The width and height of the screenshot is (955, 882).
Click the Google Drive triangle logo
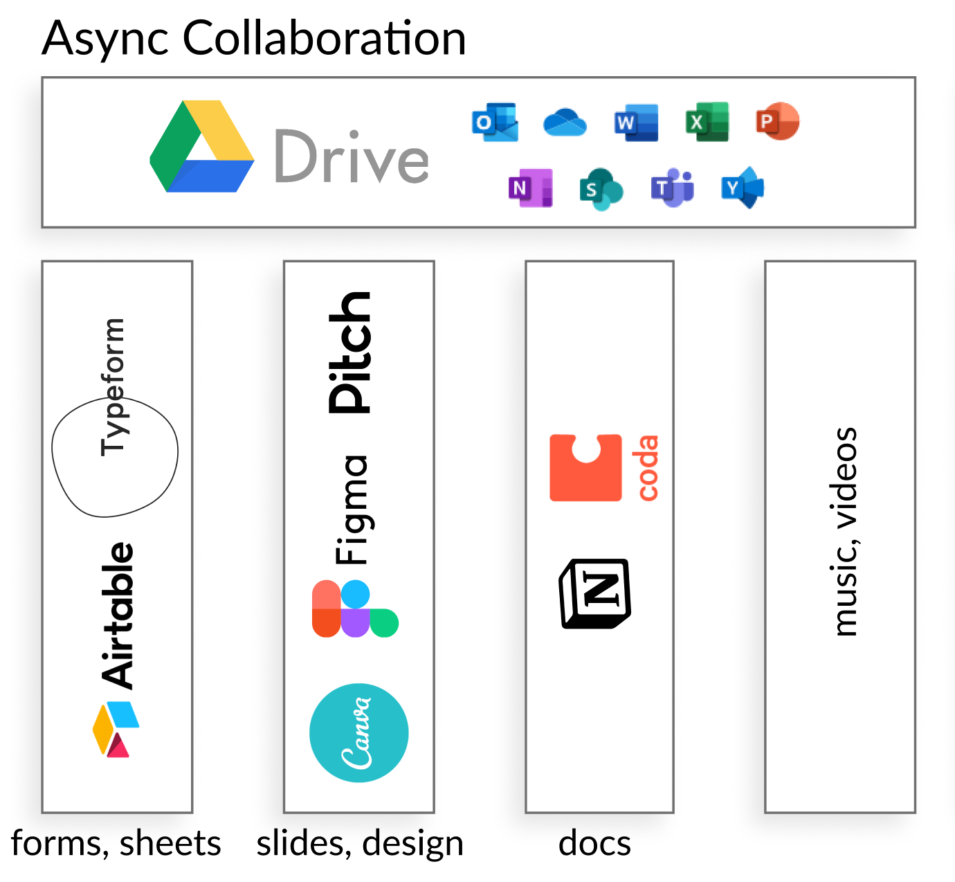(201, 147)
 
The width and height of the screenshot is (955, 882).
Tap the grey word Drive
(352, 156)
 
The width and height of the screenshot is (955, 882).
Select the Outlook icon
(495, 123)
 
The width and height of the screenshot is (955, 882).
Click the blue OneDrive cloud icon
(565, 123)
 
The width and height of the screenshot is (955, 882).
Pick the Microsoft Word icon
(636, 123)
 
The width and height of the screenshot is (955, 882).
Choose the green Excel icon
(707, 123)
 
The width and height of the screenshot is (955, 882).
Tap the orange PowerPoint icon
(777, 121)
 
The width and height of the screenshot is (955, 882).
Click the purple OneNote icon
(530, 188)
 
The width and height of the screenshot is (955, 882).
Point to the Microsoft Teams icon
(672, 187)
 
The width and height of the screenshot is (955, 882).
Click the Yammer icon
(743, 187)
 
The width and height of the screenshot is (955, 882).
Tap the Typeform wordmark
(113, 386)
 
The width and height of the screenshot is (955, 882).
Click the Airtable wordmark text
(118, 615)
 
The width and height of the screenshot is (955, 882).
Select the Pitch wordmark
(349, 352)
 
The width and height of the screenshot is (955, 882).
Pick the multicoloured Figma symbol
(354, 609)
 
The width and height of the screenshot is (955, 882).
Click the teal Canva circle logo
(359, 732)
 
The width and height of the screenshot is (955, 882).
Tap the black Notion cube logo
(595, 593)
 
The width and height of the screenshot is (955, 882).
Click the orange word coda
(648, 468)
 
